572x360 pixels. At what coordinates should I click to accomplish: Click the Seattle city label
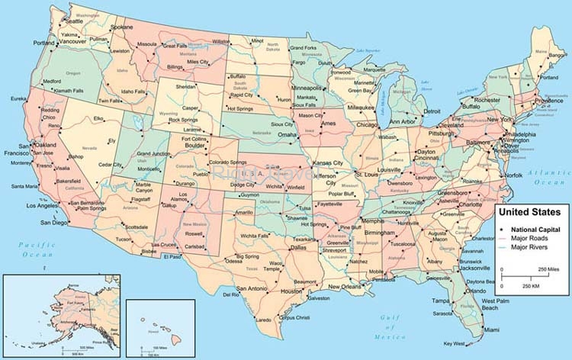[74, 21]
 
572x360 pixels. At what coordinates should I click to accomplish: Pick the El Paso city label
[172, 257]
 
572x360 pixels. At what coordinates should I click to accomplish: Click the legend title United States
[529, 211]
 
